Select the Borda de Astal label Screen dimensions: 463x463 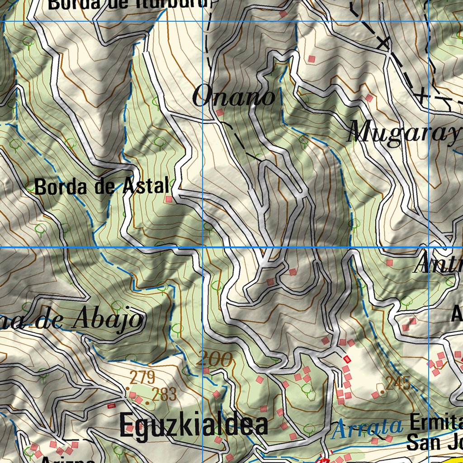(x=102, y=187)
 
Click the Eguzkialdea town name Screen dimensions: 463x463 (x=194, y=425)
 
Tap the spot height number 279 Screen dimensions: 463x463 (x=142, y=377)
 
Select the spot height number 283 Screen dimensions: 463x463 (x=164, y=395)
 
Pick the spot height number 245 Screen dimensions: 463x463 (x=398, y=383)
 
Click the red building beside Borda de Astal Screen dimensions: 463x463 (x=169, y=199)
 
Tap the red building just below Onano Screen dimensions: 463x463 (x=220, y=112)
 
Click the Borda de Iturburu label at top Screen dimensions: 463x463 (x=129, y=4)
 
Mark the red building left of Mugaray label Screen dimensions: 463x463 (x=369, y=98)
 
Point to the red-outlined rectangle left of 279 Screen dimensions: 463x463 (x=110, y=406)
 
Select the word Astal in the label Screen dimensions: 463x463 (x=146, y=186)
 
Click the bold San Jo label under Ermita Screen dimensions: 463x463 (x=434, y=442)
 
